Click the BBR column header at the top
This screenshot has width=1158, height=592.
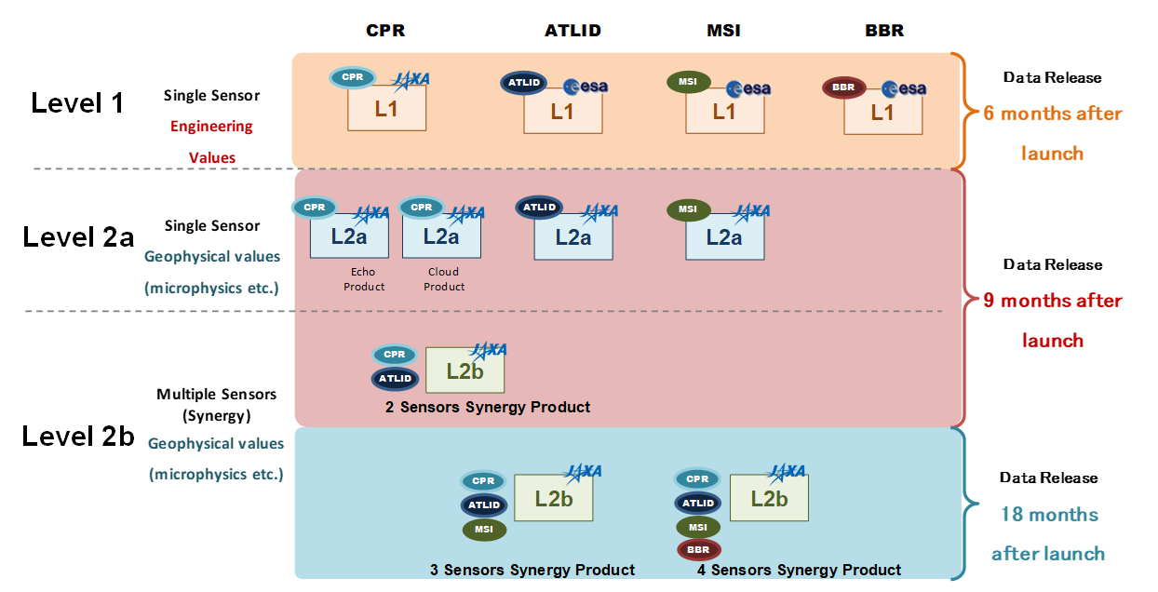tap(884, 31)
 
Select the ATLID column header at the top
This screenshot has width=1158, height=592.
tap(572, 31)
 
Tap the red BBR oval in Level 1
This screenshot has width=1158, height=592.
tap(843, 87)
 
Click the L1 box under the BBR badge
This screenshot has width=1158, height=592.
tap(883, 113)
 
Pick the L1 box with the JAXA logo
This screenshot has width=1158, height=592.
tap(386, 108)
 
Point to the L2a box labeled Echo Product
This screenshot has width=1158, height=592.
tap(349, 236)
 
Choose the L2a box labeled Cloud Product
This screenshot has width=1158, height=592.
tap(441, 236)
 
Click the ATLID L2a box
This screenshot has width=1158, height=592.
tap(573, 237)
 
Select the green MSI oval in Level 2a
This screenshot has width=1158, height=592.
tap(688, 209)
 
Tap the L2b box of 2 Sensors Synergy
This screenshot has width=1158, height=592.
tap(465, 370)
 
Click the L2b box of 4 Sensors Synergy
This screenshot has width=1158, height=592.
tap(769, 498)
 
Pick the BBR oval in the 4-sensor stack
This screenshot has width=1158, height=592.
tap(698, 549)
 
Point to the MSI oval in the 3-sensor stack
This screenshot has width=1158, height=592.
tap(484, 530)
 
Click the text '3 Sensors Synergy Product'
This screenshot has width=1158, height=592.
tap(532, 570)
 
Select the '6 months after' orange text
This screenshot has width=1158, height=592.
tap(1053, 114)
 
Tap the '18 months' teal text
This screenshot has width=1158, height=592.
tap(1049, 515)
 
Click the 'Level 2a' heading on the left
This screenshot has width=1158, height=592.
tap(78, 237)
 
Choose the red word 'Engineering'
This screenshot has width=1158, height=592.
tap(211, 127)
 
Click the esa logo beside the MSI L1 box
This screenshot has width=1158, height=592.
tap(748, 89)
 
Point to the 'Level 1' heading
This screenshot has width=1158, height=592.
tap(77, 103)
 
